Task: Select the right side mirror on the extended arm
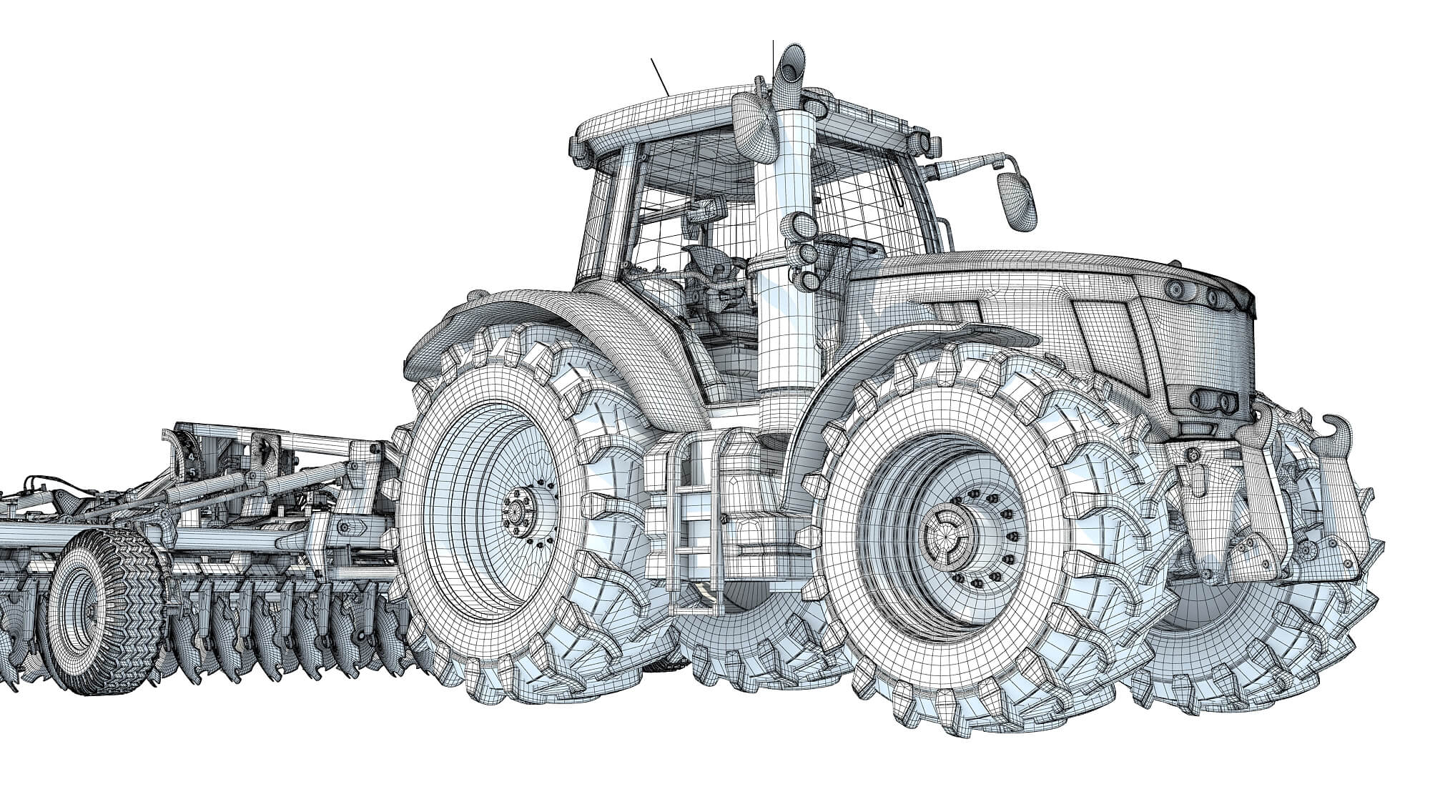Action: click(x=1016, y=201)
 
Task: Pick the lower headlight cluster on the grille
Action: click(x=1215, y=400)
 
